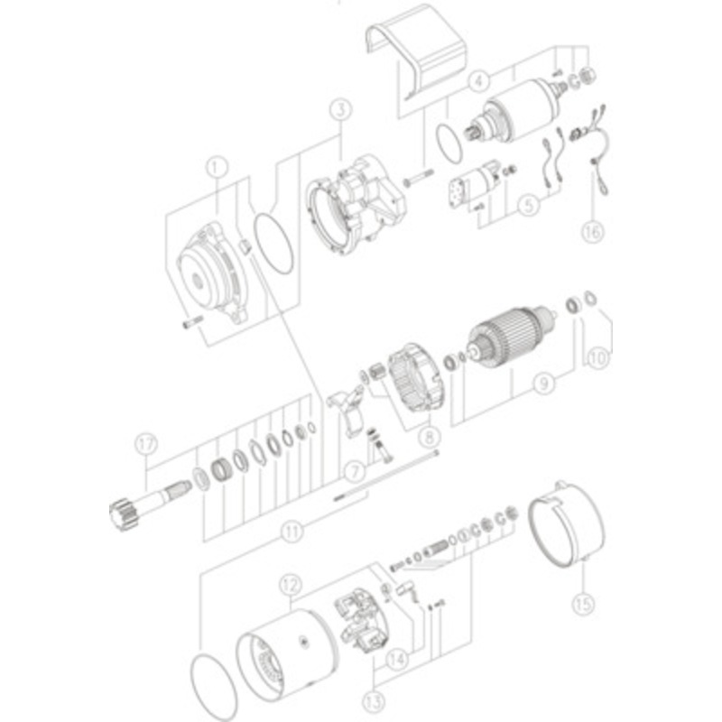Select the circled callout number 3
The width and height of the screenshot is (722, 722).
coord(339,111)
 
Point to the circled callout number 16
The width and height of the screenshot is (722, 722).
coord(591,231)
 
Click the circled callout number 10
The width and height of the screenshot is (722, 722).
coord(598,357)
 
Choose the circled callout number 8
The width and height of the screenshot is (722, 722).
coord(428,435)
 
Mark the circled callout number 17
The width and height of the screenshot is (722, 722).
coord(146,442)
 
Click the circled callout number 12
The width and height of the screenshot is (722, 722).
coord(288,585)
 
